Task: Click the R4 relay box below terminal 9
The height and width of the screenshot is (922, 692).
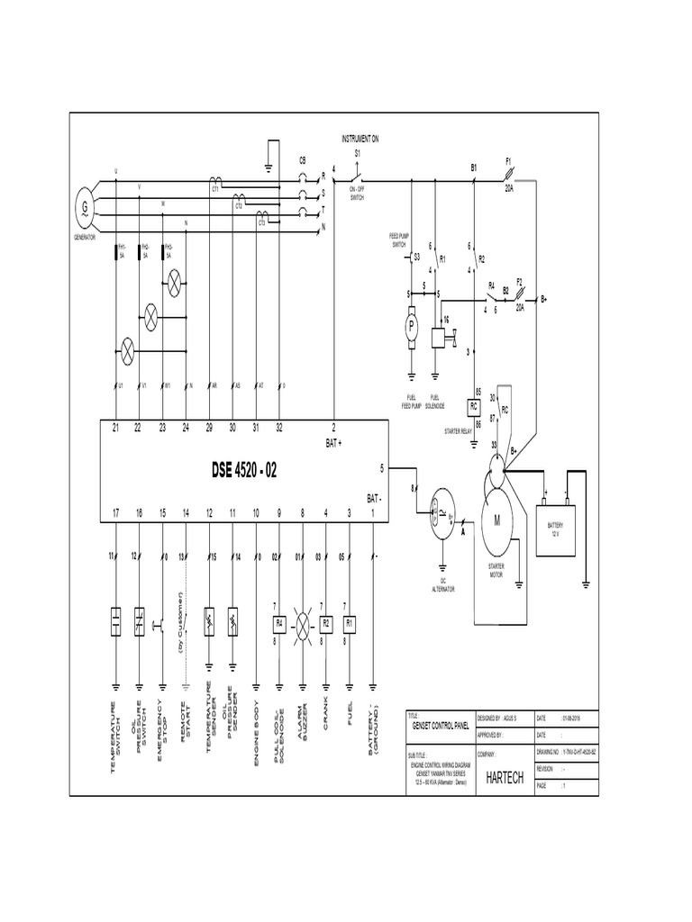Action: [279, 622]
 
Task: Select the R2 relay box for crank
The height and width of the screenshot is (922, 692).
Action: [326, 622]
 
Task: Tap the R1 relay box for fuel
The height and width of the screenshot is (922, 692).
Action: [350, 622]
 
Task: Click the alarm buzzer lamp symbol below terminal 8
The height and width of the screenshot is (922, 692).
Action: [303, 622]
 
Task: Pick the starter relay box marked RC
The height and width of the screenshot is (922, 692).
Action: [474, 406]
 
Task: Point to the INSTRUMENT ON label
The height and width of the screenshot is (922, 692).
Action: [360, 139]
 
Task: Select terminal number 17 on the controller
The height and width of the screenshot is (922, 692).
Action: [116, 512]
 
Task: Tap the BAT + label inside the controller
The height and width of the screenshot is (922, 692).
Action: [333, 443]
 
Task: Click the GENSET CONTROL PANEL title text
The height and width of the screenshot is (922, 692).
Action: [436, 724]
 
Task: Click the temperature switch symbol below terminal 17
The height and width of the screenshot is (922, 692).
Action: [116, 622]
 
